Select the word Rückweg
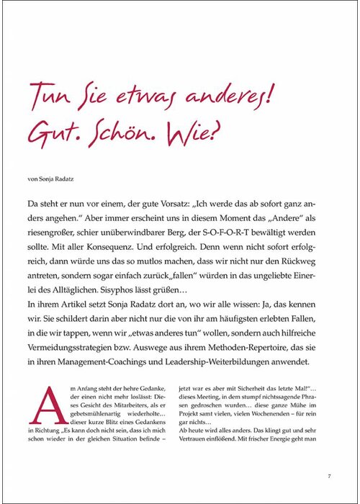297,261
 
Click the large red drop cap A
45,404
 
